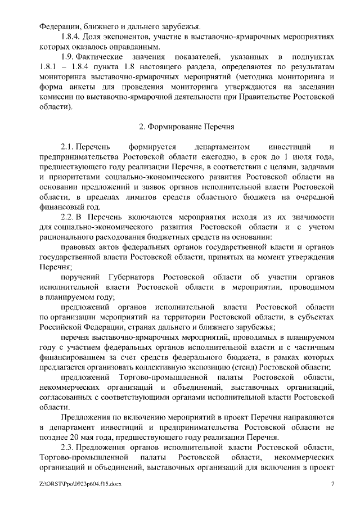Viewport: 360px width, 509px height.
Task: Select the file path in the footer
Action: coord(80,484)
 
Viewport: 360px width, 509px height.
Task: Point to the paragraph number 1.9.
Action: coord(67,57)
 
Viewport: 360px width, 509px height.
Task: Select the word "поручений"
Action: coord(80,278)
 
